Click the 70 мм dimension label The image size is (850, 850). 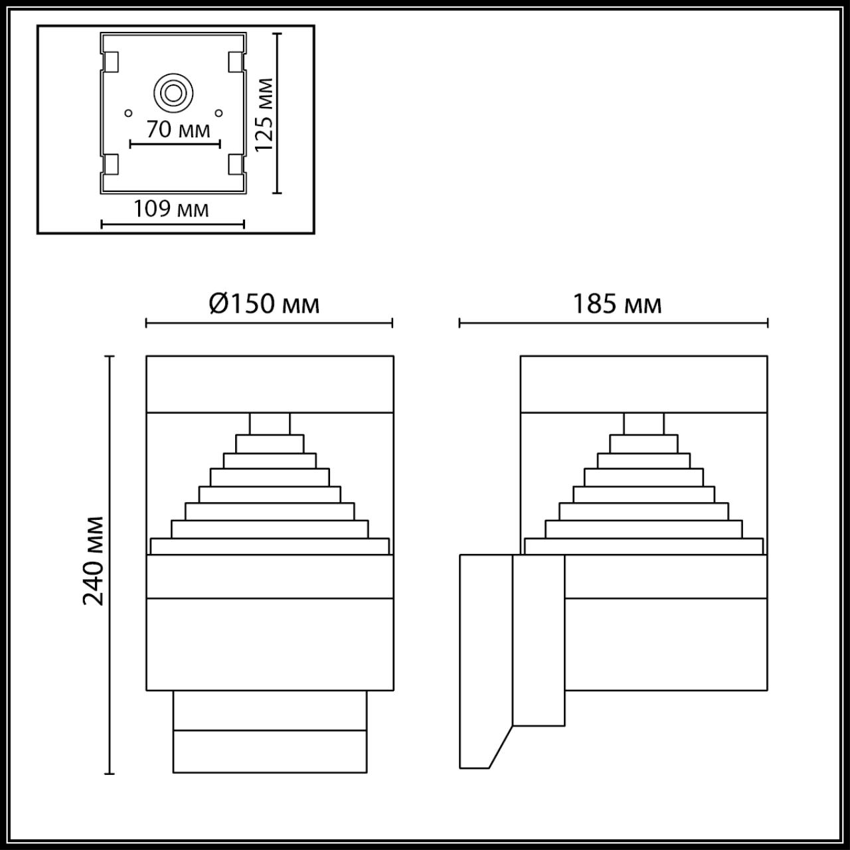tap(178, 129)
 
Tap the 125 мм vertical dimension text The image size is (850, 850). tap(264, 114)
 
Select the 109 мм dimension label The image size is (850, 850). tap(171, 209)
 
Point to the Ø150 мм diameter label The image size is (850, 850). tap(264, 303)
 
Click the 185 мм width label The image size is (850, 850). tap(617, 304)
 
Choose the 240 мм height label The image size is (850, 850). tap(94, 560)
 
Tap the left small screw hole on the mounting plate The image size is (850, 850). tap(129, 112)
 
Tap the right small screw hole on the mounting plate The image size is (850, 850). tap(219, 112)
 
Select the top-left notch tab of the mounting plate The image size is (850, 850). tap(112, 62)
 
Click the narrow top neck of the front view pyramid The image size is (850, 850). tap(270, 423)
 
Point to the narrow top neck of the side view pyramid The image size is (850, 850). tap(643, 423)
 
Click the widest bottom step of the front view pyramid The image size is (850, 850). tap(270, 546)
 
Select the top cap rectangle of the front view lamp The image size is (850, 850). tap(270, 384)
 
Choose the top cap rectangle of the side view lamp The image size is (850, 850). tap(643, 384)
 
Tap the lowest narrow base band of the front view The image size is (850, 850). tap(270, 751)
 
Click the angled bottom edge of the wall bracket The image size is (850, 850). tap(501, 747)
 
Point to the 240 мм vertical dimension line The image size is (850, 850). tap(110, 564)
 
